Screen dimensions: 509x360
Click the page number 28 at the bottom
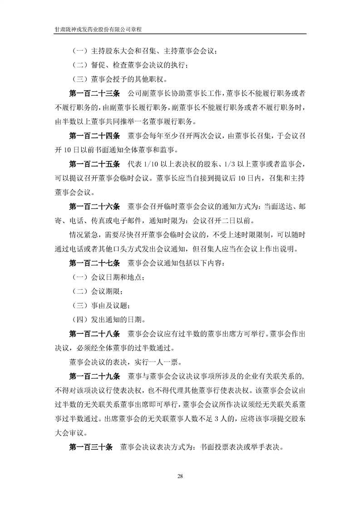180,476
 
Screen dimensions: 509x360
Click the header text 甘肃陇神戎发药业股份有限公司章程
101,29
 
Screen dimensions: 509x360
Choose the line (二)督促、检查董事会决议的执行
129,65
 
